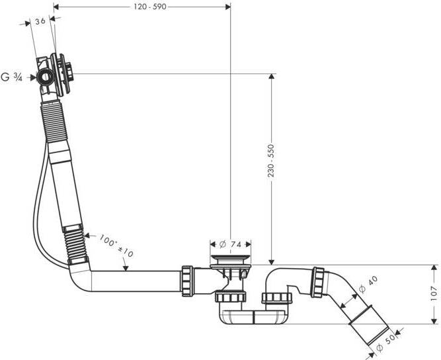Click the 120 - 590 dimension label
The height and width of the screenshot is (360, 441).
tap(150, 7)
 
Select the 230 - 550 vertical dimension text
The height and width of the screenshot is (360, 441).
tap(270, 160)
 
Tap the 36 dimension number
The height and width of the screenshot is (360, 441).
tap(40, 21)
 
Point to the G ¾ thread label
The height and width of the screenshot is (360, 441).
tap(11, 77)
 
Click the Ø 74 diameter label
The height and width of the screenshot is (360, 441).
tap(230, 244)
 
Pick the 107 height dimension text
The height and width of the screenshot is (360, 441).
tap(434, 293)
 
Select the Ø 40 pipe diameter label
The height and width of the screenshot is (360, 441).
tap(368, 285)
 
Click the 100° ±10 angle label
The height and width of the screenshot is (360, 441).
tap(116, 246)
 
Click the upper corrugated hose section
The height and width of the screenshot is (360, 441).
tap(55, 121)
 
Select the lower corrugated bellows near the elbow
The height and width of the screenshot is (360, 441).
tap(75, 244)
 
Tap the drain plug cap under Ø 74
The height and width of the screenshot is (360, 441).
tap(231, 257)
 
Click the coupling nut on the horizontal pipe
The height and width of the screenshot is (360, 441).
tap(187, 281)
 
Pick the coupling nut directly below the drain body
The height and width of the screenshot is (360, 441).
tap(230, 297)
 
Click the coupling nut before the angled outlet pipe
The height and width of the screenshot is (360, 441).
tap(317, 283)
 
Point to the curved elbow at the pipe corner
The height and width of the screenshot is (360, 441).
tap(79, 278)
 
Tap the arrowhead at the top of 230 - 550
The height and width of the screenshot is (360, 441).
tap(271, 77)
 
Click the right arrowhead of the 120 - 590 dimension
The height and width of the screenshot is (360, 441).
tap(227, 7)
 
